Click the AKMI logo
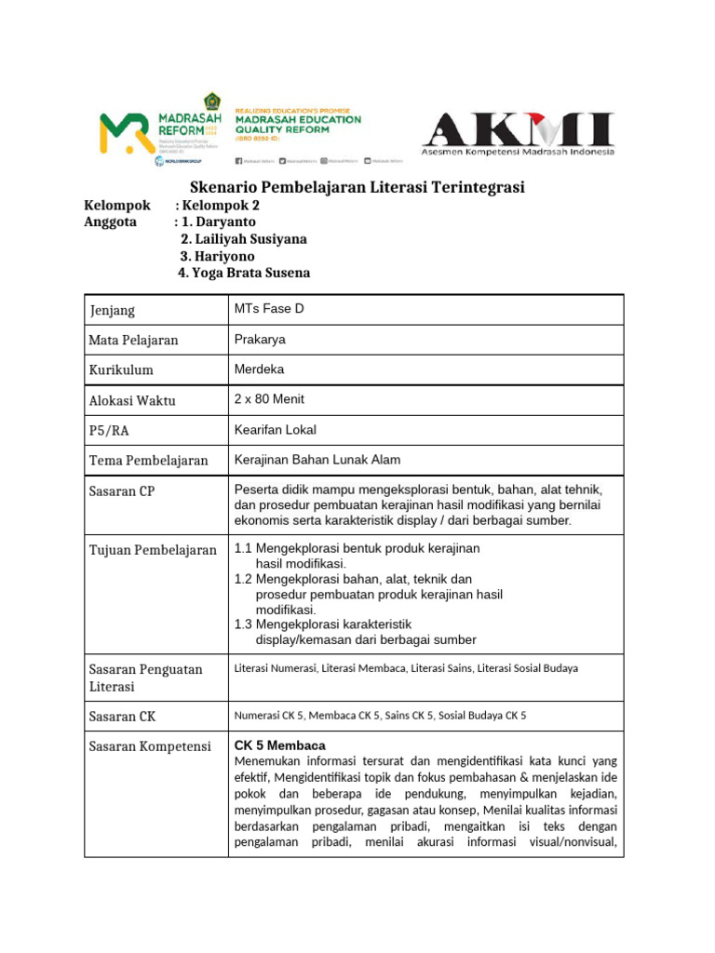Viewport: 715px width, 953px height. click(519, 133)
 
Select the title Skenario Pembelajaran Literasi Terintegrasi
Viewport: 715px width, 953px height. click(357, 188)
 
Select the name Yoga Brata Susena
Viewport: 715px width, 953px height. click(245, 273)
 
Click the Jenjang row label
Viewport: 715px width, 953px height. click(113, 310)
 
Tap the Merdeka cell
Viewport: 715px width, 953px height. click(259, 369)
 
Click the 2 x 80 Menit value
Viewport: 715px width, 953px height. click(269, 399)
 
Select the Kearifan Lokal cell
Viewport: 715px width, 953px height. click(276, 429)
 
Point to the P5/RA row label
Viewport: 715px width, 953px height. click(111, 431)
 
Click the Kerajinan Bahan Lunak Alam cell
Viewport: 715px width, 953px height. click(317, 460)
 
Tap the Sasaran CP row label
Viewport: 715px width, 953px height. click(122, 491)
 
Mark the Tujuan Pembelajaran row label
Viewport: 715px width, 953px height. click(153, 550)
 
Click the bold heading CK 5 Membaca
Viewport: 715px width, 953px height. click(279, 745)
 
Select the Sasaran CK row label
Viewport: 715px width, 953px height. click(122, 717)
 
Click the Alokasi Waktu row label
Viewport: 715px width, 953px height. click(132, 401)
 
